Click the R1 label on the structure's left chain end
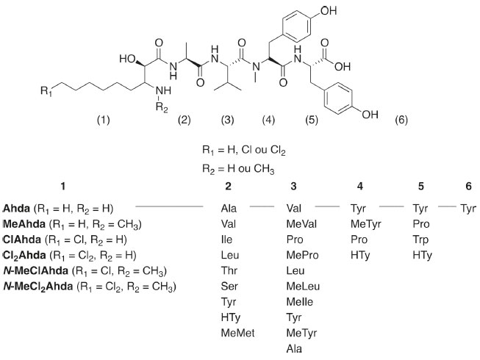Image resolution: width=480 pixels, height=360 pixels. pyautogui.click(x=45, y=91)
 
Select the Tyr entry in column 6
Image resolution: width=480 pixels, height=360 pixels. pyautogui.click(x=468, y=208)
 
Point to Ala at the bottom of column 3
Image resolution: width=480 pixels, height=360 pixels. pyautogui.click(x=293, y=350)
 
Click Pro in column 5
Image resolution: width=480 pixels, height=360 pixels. pyautogui.click(x=421, y=223)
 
